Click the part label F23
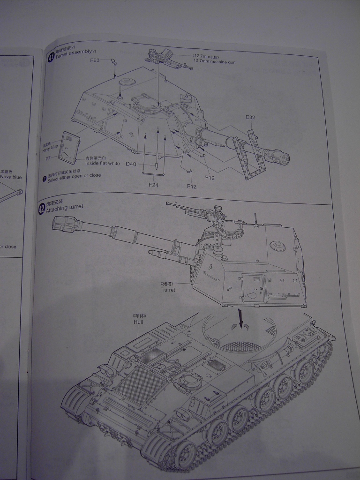95,60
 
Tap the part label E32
250,117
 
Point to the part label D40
130,164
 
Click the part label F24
153,185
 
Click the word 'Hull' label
138,322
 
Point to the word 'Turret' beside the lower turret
168,290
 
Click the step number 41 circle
51,58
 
